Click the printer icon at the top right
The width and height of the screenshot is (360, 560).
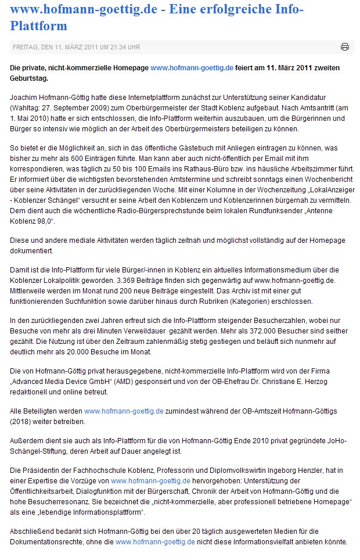(x=344, y=46)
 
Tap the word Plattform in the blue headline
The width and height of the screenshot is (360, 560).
(x=38, y=26)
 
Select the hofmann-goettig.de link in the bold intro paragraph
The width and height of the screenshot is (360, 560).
(x=192, y=68)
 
